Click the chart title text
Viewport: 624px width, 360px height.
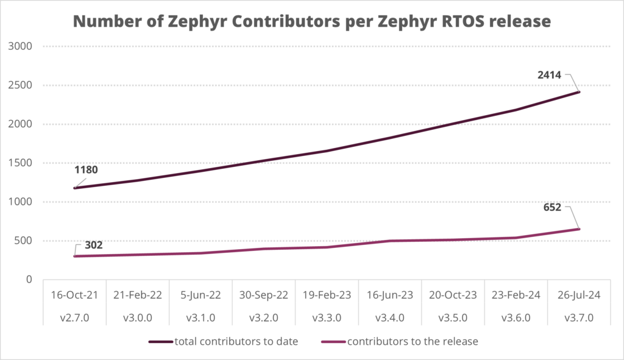pos(312,22)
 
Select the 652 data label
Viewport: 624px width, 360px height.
pos(558,208)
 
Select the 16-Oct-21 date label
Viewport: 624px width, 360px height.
pos(74,294)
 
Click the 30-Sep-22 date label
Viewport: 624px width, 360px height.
pos(264,294)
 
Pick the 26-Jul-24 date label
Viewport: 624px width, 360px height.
pos(580,294)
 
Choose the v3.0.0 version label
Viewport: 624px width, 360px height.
pos(138,317)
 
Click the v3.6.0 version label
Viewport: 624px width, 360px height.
pos(516,317)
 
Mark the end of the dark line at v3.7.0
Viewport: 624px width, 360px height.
pos(579,92)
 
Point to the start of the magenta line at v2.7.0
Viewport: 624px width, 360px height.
pos(74,256)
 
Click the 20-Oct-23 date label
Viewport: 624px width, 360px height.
pos(453,294)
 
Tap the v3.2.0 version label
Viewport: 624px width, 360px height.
pos(264,317)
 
